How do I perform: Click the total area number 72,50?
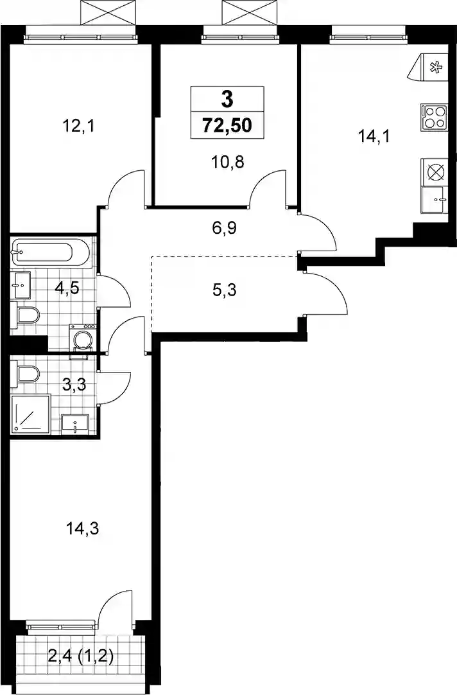coord(227,125)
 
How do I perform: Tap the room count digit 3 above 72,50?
coord(227,99)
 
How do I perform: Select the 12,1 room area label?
coord(79,127)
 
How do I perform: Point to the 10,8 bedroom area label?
coord(228,163)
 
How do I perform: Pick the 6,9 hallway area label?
coord(225,229)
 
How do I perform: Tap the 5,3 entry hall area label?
coord(224,291)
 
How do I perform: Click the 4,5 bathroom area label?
coord(67,288)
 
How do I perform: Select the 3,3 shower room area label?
coord(74,384)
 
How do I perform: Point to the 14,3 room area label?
coord(82,529)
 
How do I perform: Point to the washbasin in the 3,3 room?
coord(75,424)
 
